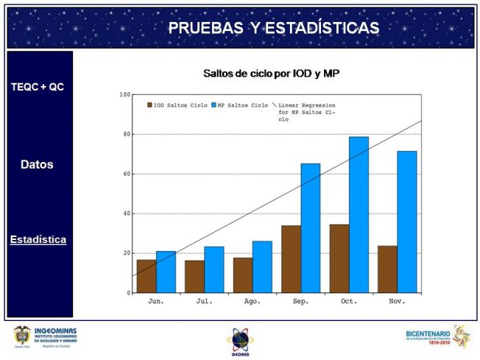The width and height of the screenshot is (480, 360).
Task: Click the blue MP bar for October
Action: point(359,215)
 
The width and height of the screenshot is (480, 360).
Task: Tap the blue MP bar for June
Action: point(166,272)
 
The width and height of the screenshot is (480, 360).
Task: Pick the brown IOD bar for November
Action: point(387,269)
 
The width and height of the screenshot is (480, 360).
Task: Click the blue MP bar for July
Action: point(214,269)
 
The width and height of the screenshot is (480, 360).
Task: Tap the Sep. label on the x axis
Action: point(300,301)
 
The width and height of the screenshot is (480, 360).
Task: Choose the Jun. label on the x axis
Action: point(156,301)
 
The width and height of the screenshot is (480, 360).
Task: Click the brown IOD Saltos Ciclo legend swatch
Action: point(149,105)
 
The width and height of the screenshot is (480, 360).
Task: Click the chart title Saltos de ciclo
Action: point(270,74)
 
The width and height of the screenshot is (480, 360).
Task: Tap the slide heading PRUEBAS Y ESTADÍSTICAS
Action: point(274,28)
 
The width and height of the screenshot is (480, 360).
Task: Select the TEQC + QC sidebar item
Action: point(38,87)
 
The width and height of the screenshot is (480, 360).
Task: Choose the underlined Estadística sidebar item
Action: point(38,240)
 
